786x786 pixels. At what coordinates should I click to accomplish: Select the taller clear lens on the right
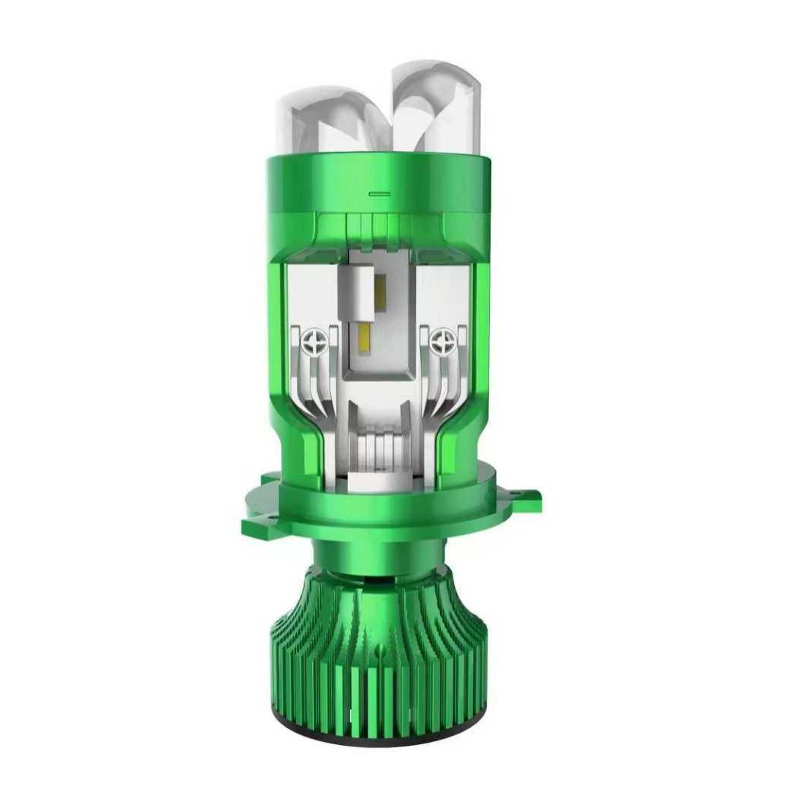pyautogui.click(x=431, y=106)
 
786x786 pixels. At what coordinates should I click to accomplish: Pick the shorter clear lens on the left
pyautogui.click(x=323, y=122)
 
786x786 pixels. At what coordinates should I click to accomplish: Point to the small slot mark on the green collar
pyautogui.click(x=380, y=194)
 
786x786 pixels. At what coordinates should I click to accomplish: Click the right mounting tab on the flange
pyautogui.click(x=526, y=497)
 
